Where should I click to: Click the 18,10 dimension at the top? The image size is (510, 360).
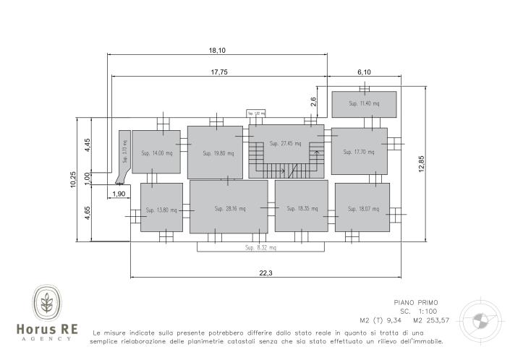[x=217, y=50]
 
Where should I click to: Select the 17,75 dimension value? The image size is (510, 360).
[x=220, y=72]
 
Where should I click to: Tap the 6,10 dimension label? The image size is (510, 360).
[x=364, y=72]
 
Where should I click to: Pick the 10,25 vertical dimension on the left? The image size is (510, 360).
[x=73, y=180]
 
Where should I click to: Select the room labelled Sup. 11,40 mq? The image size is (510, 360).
[x=364, y=104]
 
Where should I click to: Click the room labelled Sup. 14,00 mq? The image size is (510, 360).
[x=156, y=152]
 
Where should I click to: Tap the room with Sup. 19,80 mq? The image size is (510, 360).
[x=215, y=153]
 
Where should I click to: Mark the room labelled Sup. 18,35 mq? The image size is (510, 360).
[x=301, y=208]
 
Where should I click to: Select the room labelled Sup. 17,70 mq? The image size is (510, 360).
[x=359, y=151]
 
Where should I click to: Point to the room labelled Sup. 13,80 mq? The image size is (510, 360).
[x=161, y=209]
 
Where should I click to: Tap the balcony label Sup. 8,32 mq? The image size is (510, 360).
[x=260, y=247]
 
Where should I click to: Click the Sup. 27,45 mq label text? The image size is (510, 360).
[x=285, y=143]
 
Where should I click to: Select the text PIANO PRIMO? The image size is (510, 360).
[x=416, y=302]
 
